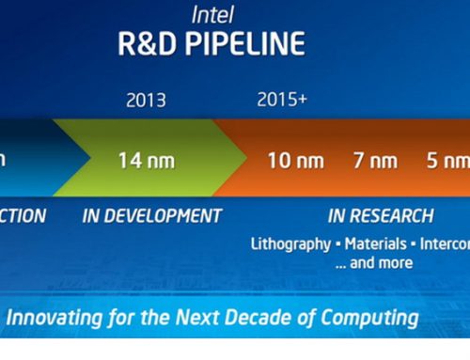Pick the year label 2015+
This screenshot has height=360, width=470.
coord(282,100)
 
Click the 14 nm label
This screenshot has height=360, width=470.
coord(147,160)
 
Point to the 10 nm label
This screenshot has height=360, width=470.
coord(295,160)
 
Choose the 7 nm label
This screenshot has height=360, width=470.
coord(375,160)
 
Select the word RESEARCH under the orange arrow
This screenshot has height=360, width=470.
coord(395,216)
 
